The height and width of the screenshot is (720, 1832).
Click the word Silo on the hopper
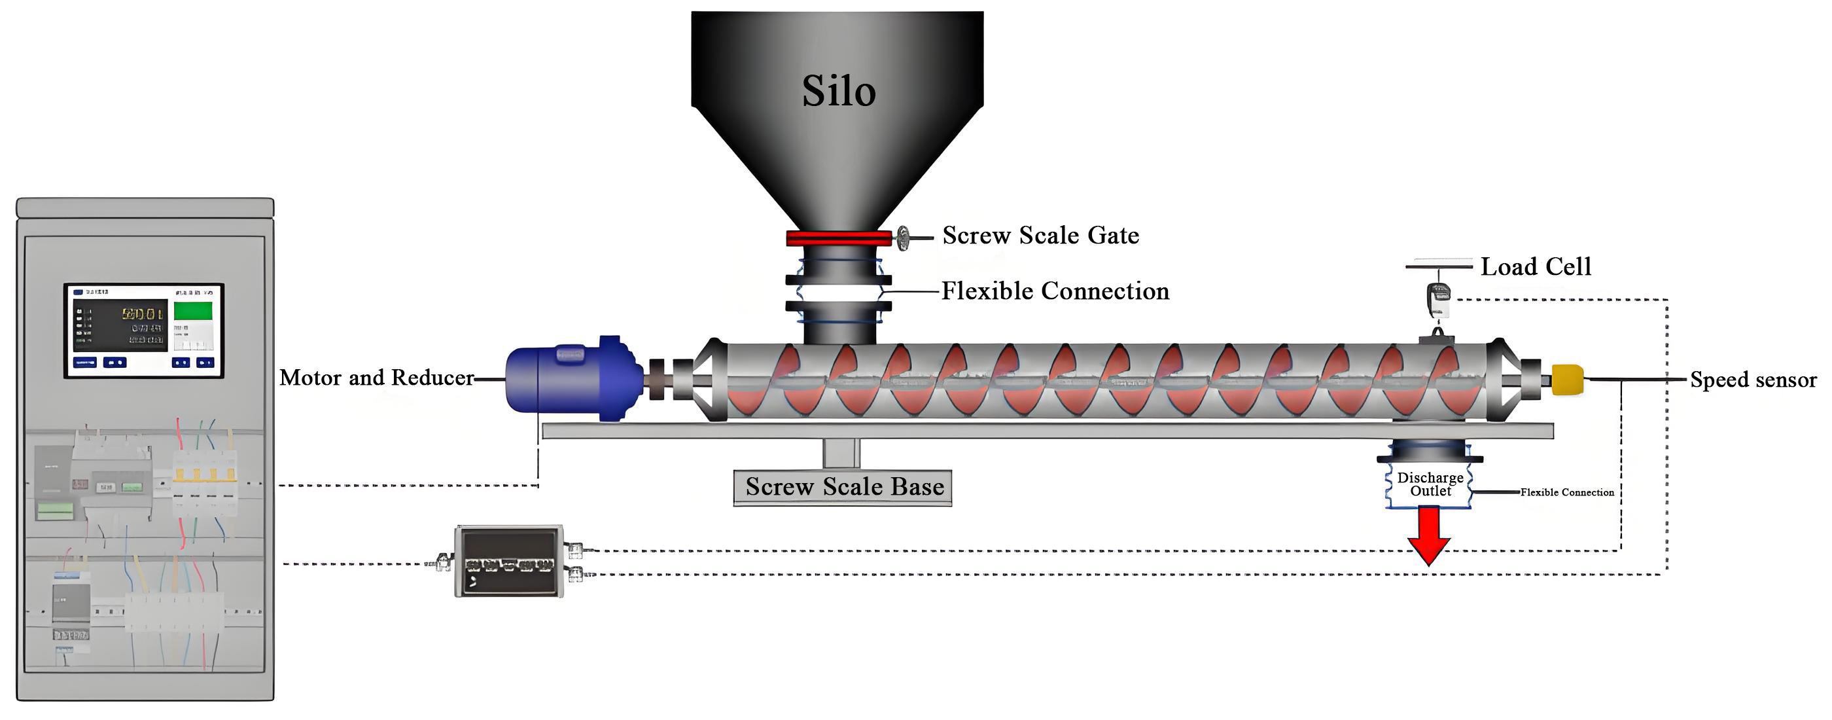click(839, 91)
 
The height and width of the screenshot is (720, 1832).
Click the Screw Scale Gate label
click(1040, 236)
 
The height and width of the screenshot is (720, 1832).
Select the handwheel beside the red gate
click(902, 238)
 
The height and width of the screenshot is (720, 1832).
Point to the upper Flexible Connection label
click(1055, 291)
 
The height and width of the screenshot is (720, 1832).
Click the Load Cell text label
click(1536, 267)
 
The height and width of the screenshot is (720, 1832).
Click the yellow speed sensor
click(1568, 379)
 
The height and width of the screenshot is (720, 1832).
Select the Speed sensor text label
click(1753, 380)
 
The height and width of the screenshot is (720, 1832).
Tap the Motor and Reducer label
click(376, 378)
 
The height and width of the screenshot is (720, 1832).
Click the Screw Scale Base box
click(843, 488)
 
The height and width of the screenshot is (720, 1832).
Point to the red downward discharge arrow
click(1429, 535)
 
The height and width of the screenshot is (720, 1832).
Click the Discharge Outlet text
click(1430, 484)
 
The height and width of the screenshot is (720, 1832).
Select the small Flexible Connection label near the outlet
click(1567, 492)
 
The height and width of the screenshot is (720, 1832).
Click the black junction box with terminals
click(509, 562)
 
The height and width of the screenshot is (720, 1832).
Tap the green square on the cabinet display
click(193, 312)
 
